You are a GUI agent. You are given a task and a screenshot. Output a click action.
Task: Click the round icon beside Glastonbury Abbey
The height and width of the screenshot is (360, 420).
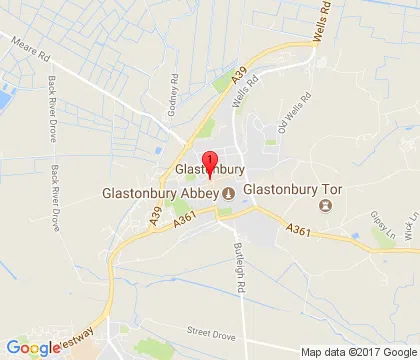pos(228,192)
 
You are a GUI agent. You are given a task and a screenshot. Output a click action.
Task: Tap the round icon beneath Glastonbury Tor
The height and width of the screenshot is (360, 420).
pos(324,206)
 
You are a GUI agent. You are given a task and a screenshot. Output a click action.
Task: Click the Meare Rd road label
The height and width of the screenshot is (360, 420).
pos(29,47)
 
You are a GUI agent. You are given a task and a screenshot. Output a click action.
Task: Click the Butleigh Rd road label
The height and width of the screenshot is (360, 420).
pos(239,261)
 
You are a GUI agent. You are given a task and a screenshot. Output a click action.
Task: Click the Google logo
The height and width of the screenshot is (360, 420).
pos(33,348)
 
